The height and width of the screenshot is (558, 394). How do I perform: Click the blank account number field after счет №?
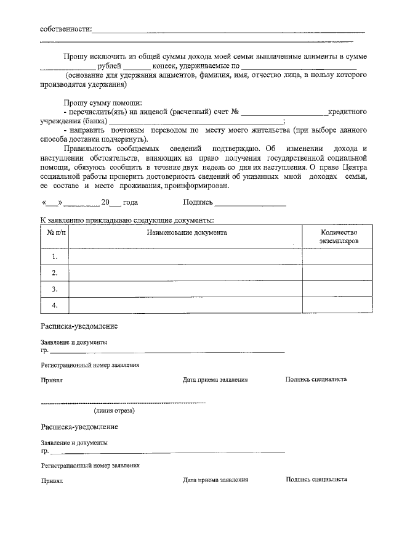click(x=284, y=112)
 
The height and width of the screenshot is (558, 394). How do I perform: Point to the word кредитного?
click(x=348, y=112)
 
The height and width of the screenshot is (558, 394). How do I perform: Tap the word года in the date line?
click(x=131, y=202)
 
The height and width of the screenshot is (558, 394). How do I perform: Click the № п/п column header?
click(x=55, y=232)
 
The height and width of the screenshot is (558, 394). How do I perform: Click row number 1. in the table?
click(x=55, y=256)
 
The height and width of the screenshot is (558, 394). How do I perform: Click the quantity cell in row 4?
click(x=337, y=305)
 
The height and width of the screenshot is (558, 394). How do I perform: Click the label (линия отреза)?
click(x=115, y=410)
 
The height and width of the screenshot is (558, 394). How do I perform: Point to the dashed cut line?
click(x=123, y=403)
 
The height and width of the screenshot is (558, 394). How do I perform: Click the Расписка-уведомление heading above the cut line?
click(x=79, y=326)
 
